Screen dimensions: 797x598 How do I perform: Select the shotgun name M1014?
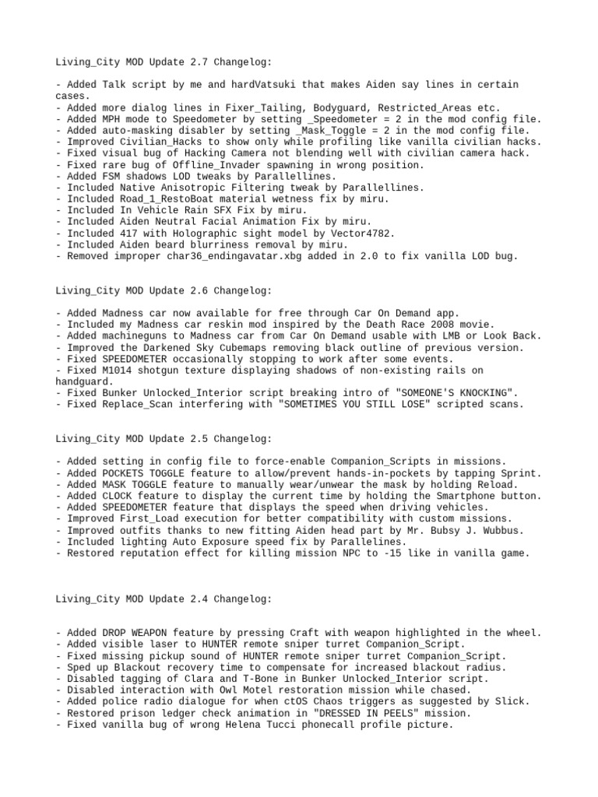tap(118, 370)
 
